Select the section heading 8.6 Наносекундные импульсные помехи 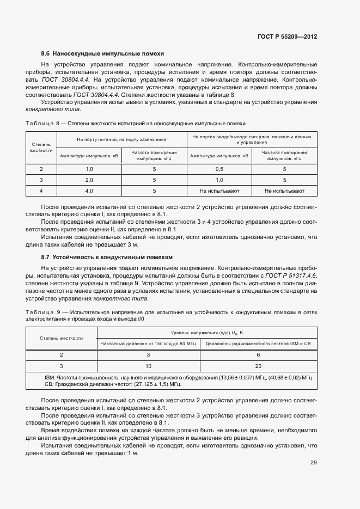102,53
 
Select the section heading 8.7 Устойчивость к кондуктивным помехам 107,257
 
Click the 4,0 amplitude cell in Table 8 89,191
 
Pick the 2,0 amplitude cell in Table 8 89,180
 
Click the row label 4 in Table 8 41,191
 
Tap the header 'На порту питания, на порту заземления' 121,139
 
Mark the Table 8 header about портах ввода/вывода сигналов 252,139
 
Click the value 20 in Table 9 258,366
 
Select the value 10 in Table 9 148,366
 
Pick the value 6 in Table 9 258,354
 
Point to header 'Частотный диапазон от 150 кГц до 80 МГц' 148,344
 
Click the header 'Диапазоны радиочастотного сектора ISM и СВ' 258,344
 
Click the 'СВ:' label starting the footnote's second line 48,384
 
